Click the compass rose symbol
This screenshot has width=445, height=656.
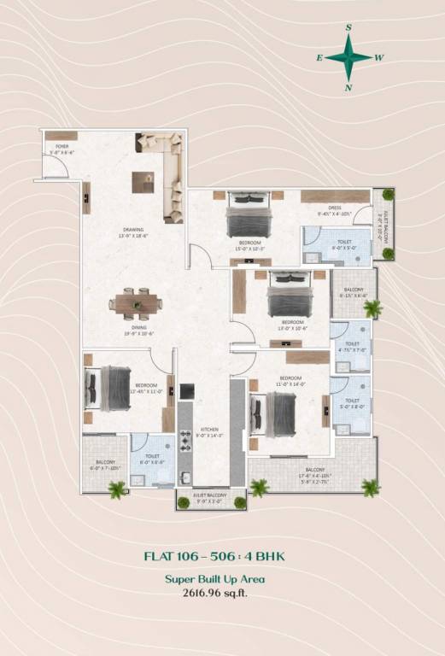coord(348,57)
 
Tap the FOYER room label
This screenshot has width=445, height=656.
coord(62,147)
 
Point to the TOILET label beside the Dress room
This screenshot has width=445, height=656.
coord(344,242)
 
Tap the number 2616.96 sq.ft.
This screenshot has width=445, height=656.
coord(214,591)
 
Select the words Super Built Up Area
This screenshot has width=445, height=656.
coord(214,578)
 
